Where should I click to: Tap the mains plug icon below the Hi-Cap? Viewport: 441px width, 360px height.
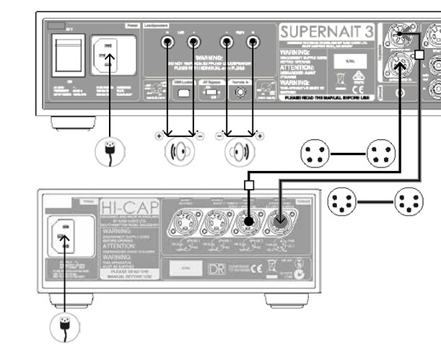coord(64,326)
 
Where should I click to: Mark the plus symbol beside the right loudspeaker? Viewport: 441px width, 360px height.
coord(258,135)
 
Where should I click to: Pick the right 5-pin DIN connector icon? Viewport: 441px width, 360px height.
coord(409,202)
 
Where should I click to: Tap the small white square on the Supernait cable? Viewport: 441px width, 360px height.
coord(419,55)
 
